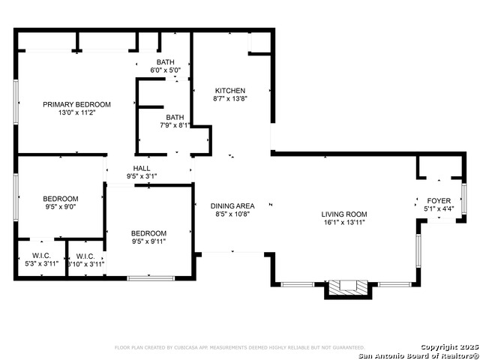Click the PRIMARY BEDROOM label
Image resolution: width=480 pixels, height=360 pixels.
tap(76, 104)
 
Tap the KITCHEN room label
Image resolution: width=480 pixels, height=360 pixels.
tap(229, 90)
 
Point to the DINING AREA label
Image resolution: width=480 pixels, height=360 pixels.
tap(232, 205)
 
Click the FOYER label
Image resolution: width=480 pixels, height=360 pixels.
tap(439, 201)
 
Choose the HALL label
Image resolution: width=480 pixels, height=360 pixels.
tap(142, 168)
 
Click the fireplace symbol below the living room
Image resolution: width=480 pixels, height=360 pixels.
tap(351, 286)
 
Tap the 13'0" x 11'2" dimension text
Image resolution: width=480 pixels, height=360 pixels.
tap(76, 112)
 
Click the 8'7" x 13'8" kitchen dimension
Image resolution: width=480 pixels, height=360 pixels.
tap(229, 98)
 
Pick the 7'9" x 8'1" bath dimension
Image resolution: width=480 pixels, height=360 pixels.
tap(175, 125)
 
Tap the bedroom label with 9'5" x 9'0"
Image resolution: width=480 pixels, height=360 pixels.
tap(60, 198)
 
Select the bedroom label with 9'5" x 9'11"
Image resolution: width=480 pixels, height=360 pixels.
tap(148, 233)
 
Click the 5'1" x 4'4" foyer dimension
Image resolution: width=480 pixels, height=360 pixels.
tap(439, 209)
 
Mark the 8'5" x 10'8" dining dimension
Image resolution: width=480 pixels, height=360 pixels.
tap(232, 214)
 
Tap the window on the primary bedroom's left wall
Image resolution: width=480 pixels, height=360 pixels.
tap(16, 102)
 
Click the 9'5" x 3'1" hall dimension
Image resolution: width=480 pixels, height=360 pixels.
tap(142, 176)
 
